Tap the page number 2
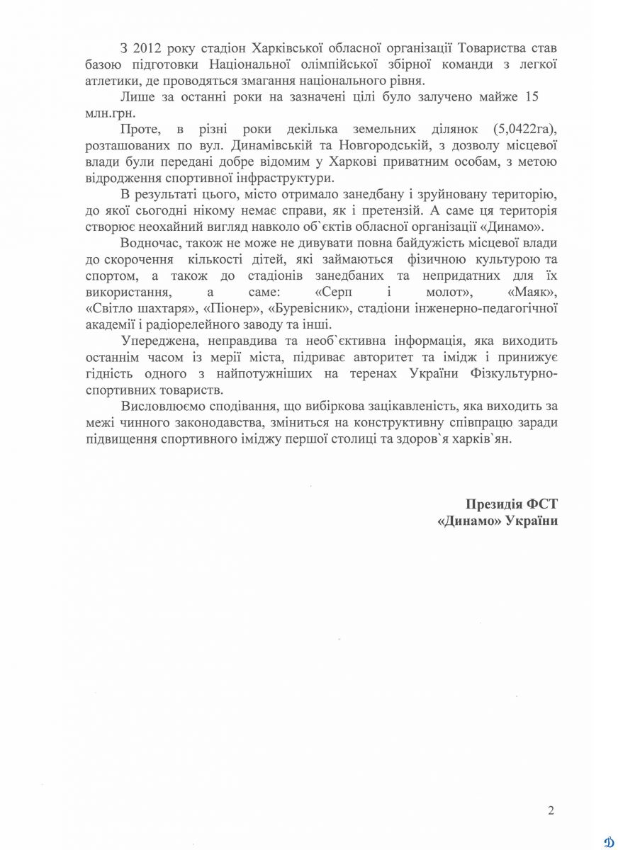[551, 810]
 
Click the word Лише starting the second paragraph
[135, 95]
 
